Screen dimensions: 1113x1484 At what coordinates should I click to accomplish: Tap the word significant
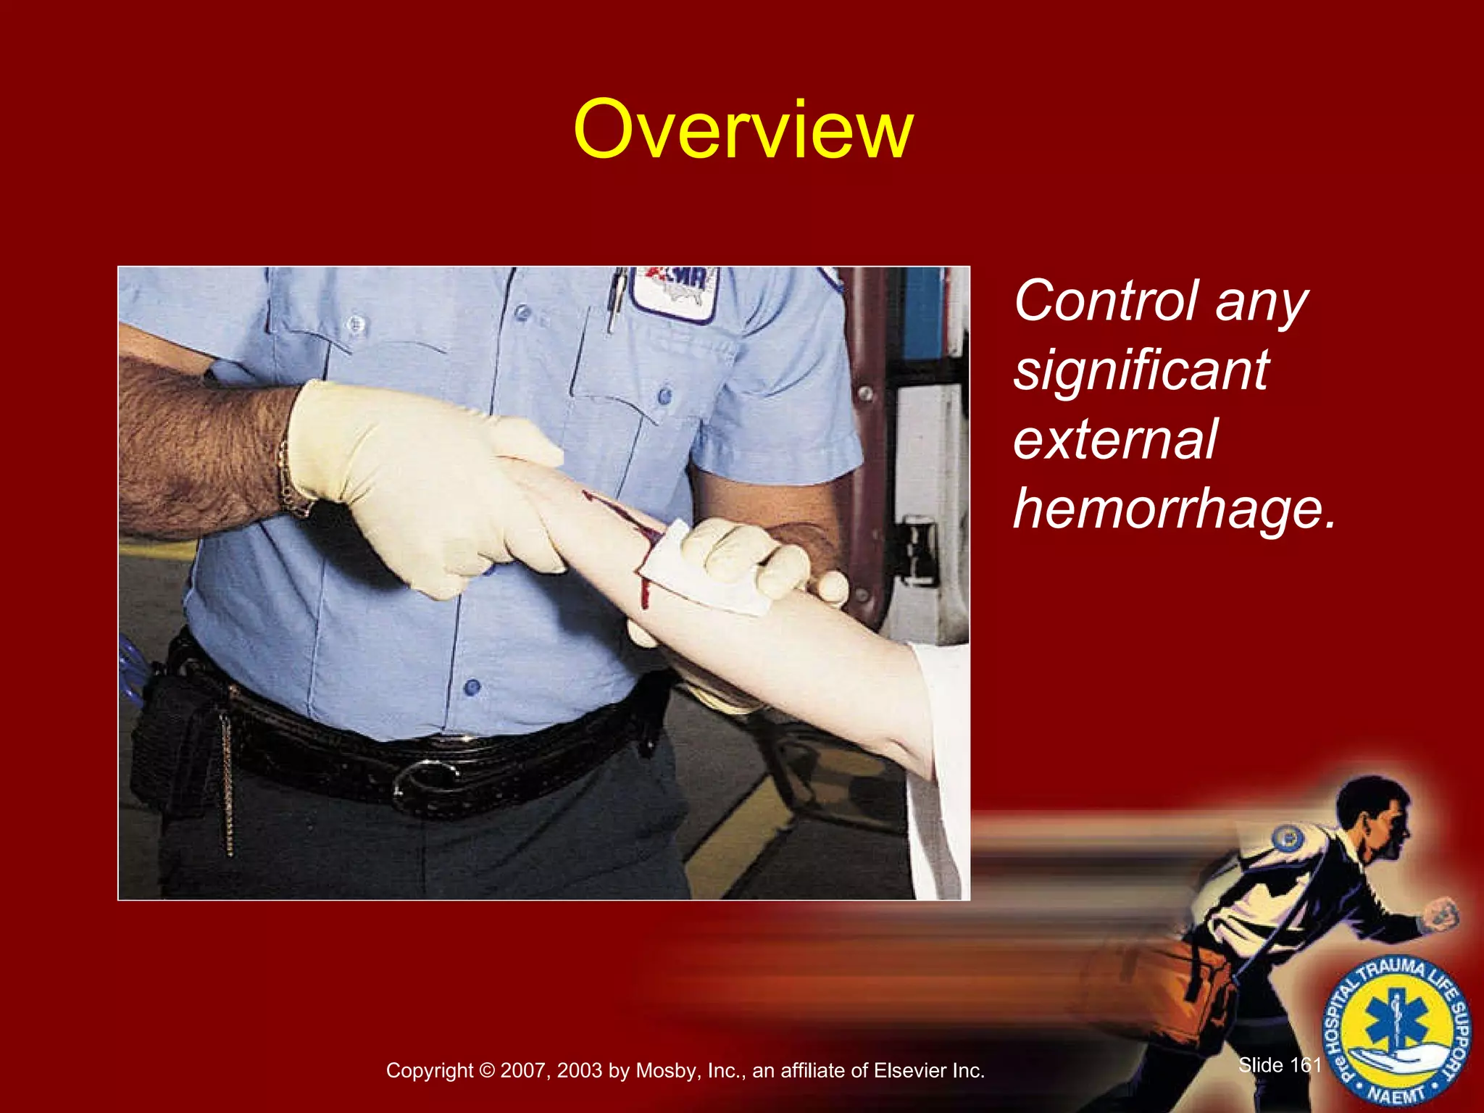(x=1141, y=370)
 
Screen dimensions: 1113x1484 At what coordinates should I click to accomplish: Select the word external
(x=1114, y=440)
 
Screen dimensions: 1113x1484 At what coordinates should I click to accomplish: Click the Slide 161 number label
(x=1280, y=1064)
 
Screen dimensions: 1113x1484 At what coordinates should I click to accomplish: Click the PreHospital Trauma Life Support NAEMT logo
(x=1396, y=1031)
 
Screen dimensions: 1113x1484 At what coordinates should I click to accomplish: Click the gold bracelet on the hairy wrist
(x=291, y=478)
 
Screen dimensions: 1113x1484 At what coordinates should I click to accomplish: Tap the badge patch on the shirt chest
(x=675, y=291)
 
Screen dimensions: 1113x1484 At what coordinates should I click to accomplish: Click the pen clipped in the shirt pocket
(x=617, y=297)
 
